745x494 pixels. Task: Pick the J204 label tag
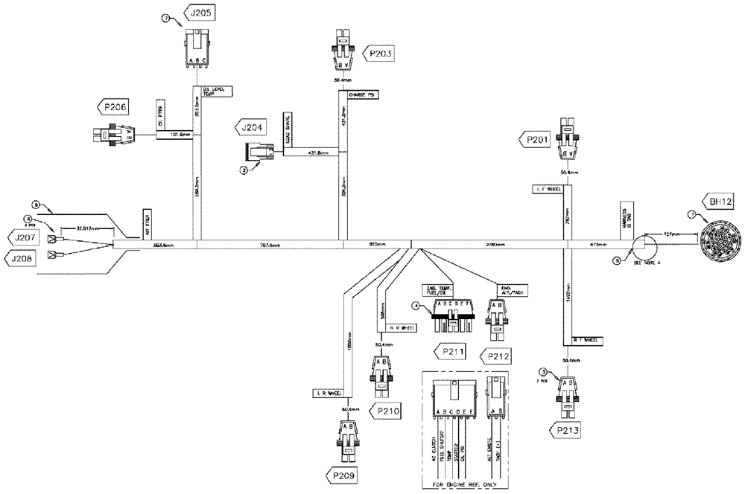[x=252, y=127]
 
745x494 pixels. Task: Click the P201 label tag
[x=536, y=139]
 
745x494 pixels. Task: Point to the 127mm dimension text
[x=671, y=234]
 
